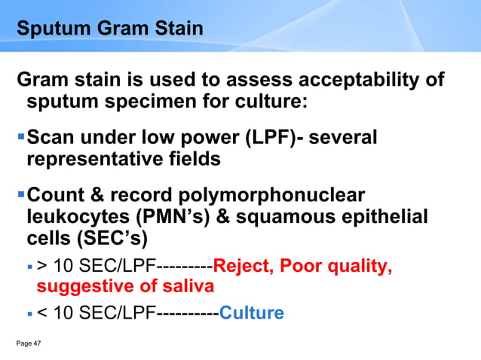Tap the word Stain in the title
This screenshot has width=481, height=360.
[176, 30]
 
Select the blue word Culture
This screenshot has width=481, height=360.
[251, 312]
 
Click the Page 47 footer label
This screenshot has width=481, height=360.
[29, 343]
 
